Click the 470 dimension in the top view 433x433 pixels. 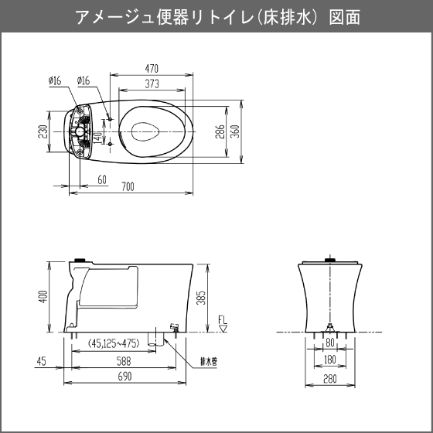click(x=152, y=69)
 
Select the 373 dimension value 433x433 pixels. click(x=152, y=84)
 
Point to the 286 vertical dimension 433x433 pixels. click(x=220, y=131)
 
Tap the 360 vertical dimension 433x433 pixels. click(x=235, y=131)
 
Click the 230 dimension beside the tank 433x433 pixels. click(x=43, y=131)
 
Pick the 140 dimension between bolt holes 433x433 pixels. click(x=98, y=138)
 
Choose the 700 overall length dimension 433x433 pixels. click(x=128, y=187)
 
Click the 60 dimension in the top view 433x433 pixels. click(x=102, y=179)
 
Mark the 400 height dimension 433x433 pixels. click(x=43, y=297)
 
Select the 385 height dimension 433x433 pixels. click(x=201, y=298)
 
